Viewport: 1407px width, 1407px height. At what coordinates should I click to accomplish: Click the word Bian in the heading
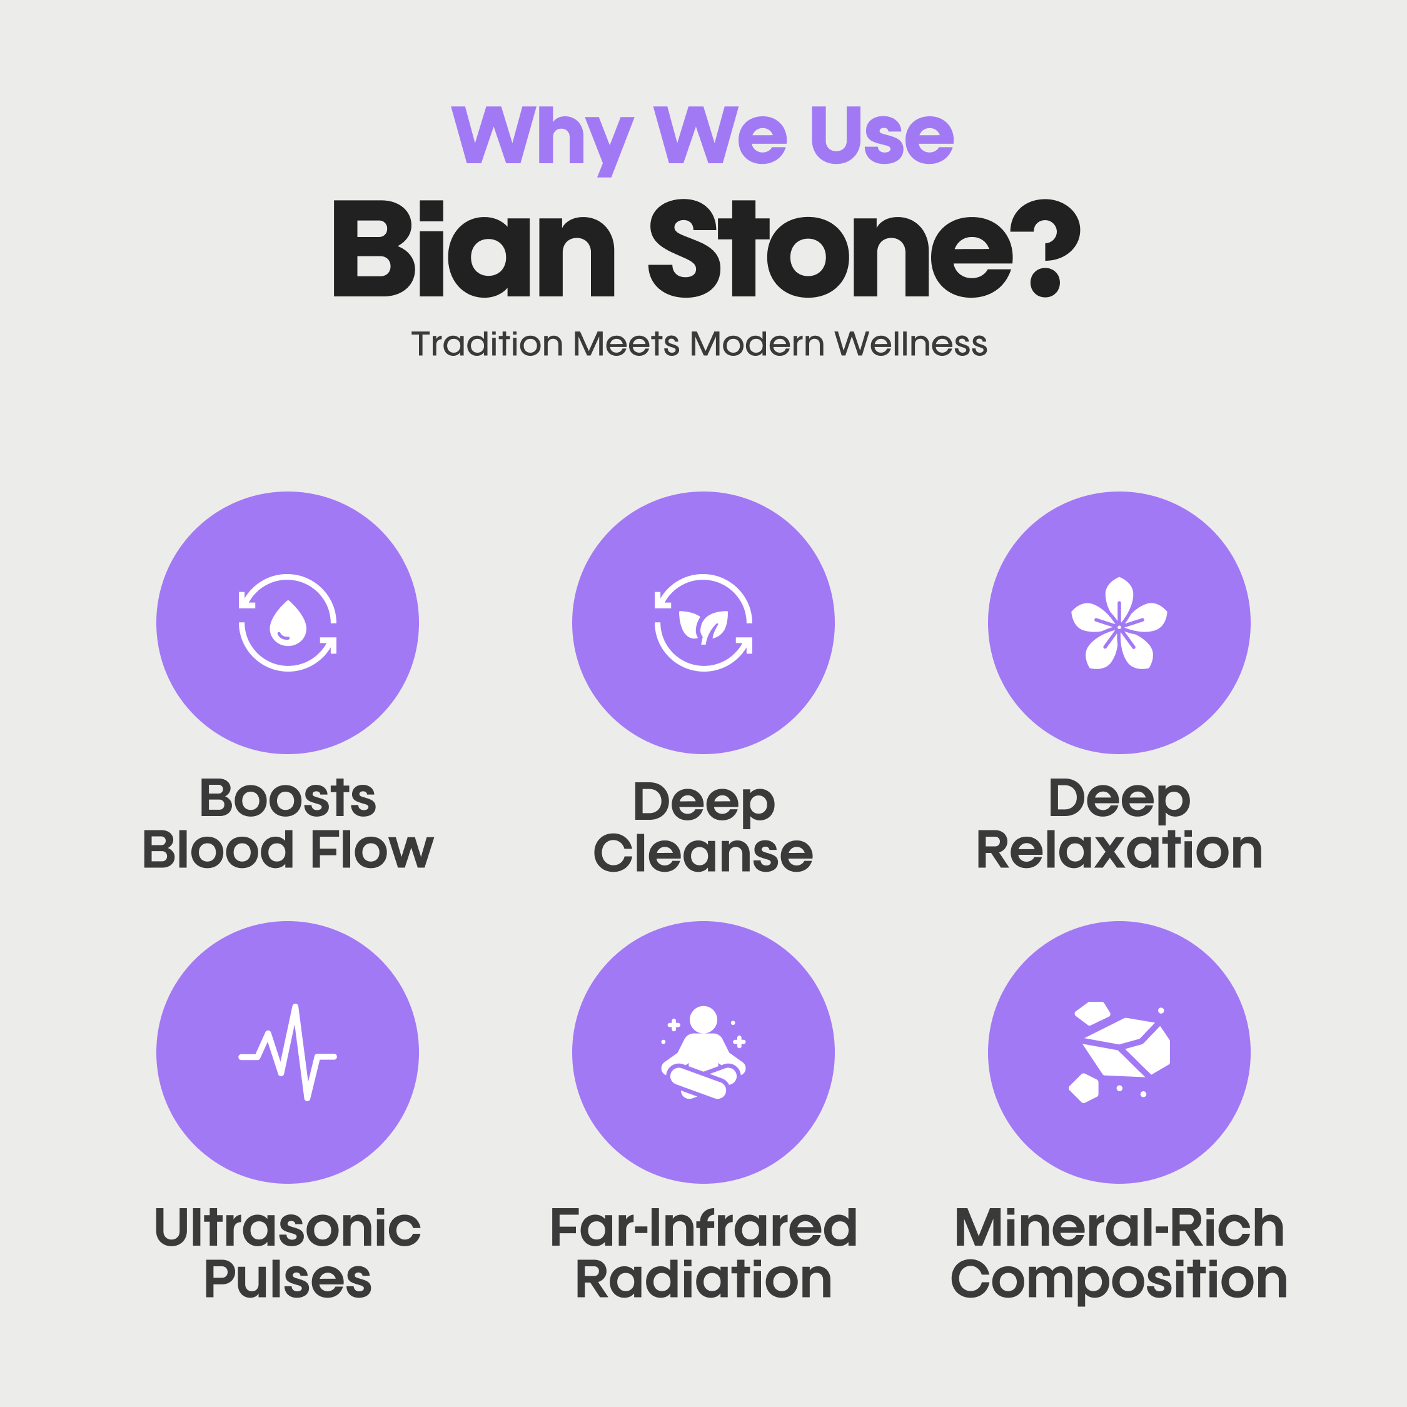point(473,249)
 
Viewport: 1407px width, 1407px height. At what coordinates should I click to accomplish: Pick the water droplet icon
point(288,623)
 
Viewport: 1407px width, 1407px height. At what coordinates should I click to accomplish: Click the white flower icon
point(1119,623)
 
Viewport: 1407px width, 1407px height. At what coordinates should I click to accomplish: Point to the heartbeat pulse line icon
point(288,1052)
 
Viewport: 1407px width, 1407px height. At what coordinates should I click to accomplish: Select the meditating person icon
point(703,1052)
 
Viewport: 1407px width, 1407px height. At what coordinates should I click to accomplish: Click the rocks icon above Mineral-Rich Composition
point(1119,1052)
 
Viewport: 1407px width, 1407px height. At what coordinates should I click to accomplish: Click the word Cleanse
point(703,853)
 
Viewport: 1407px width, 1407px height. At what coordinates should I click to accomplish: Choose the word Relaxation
point(1119,850)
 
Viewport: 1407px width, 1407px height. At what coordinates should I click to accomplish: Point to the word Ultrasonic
point(288,1228)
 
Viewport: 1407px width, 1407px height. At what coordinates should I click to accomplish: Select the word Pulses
point(288,1279)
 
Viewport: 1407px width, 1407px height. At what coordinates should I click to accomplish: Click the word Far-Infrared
point(703,1228)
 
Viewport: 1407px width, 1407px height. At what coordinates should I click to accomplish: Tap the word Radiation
point(703,1279)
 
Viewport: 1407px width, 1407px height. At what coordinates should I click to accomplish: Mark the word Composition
point(1119,1279)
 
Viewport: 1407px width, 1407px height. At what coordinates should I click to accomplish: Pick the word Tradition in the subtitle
point(487,344)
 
